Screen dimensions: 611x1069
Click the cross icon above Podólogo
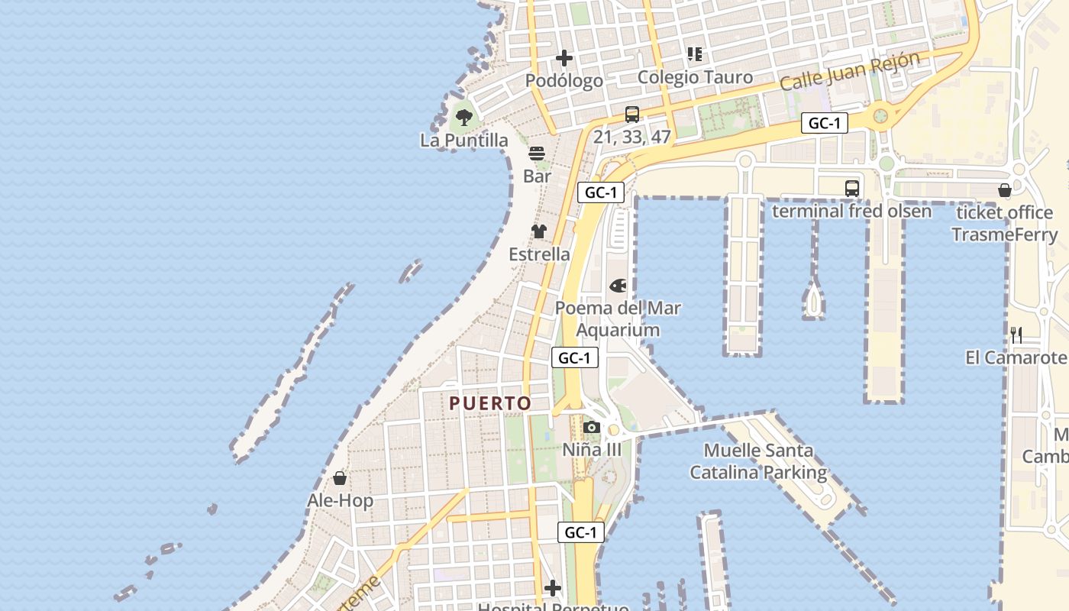pos(564,58)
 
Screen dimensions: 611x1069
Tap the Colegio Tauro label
pos(695,77)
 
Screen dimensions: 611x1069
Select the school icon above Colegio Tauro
pos(695,53)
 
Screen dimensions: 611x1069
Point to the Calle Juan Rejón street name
pos(849,72)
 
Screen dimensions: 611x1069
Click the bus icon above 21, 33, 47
pos(632,115)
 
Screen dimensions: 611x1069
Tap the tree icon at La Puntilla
pos(463,118)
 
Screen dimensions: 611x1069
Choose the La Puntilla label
pos(463,141)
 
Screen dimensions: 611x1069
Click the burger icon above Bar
pos(537,154)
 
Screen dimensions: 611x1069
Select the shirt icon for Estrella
pos(539,231)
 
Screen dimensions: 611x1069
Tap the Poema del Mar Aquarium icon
pos(618,286)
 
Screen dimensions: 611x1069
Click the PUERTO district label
pos(490,403)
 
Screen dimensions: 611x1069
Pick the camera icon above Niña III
pos(592,428)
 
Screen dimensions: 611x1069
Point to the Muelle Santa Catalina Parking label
pos(758,461)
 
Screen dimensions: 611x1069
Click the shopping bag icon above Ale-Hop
pos(340,478)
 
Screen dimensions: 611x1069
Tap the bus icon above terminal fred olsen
pos(851,188)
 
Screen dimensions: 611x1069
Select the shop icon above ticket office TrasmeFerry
pos(1005,190)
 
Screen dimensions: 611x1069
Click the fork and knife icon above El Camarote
pos(1016,335)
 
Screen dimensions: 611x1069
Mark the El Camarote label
pos(1016,357)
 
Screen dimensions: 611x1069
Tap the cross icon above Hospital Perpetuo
pos(553,588)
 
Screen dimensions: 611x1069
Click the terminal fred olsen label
pos(851,211)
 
